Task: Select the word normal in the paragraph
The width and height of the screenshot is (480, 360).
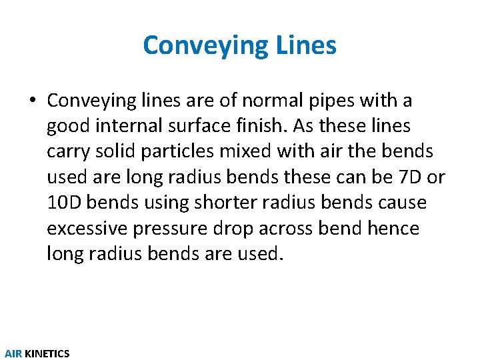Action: [266, 101]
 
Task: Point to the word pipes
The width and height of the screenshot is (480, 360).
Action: [330, 101]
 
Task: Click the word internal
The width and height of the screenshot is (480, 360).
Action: [131, 126]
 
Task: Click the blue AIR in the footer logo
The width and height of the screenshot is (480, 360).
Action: [13, 353]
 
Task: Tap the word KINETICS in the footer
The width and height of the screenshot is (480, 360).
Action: [47, 353]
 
